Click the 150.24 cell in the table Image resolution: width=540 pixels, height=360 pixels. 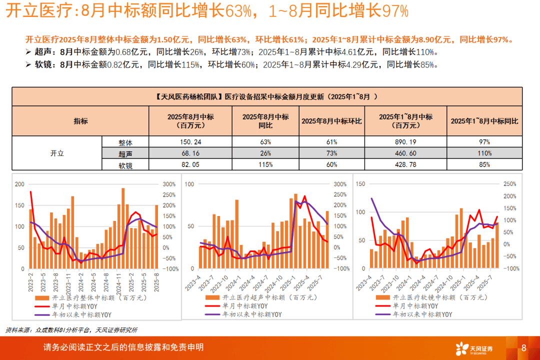[x=190, y=142]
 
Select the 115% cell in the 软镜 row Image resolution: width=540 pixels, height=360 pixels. [x=265, y=164]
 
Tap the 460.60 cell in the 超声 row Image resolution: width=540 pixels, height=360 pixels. [x=405, y=153]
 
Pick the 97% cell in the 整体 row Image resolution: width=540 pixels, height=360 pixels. [x=484, y=142]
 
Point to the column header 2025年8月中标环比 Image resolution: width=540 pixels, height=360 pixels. [x=331, y=121]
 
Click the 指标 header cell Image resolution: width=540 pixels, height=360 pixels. [x=80, y=121]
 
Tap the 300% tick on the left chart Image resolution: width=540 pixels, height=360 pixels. [x=169, y=184]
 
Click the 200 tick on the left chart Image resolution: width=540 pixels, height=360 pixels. [x=19, y=184]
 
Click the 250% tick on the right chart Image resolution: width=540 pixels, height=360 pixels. [x=509, y=184]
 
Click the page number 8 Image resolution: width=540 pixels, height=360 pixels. [x=523, y=348]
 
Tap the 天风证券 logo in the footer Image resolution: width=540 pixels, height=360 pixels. [x=473, y=348]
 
